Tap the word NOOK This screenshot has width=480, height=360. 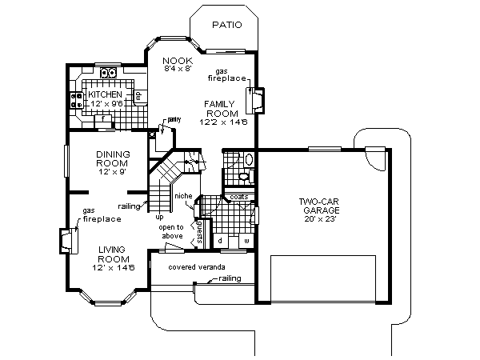click(174, 61)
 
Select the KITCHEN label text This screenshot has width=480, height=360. click(104, 94)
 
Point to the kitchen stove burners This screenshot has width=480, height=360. click(78, 99)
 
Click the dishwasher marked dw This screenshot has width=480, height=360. click(138, 97)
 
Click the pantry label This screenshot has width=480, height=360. click(174, 119)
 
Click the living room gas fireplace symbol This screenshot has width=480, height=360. click(69, 240)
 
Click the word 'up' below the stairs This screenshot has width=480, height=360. click(159, 216)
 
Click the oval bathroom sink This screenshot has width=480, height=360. click(247, 159)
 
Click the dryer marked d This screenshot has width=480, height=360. click(220, 240)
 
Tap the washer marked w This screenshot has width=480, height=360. click(246, 240)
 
